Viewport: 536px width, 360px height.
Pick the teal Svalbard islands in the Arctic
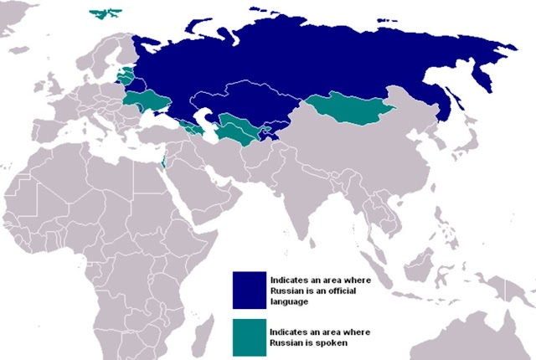(x=105, y=13)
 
